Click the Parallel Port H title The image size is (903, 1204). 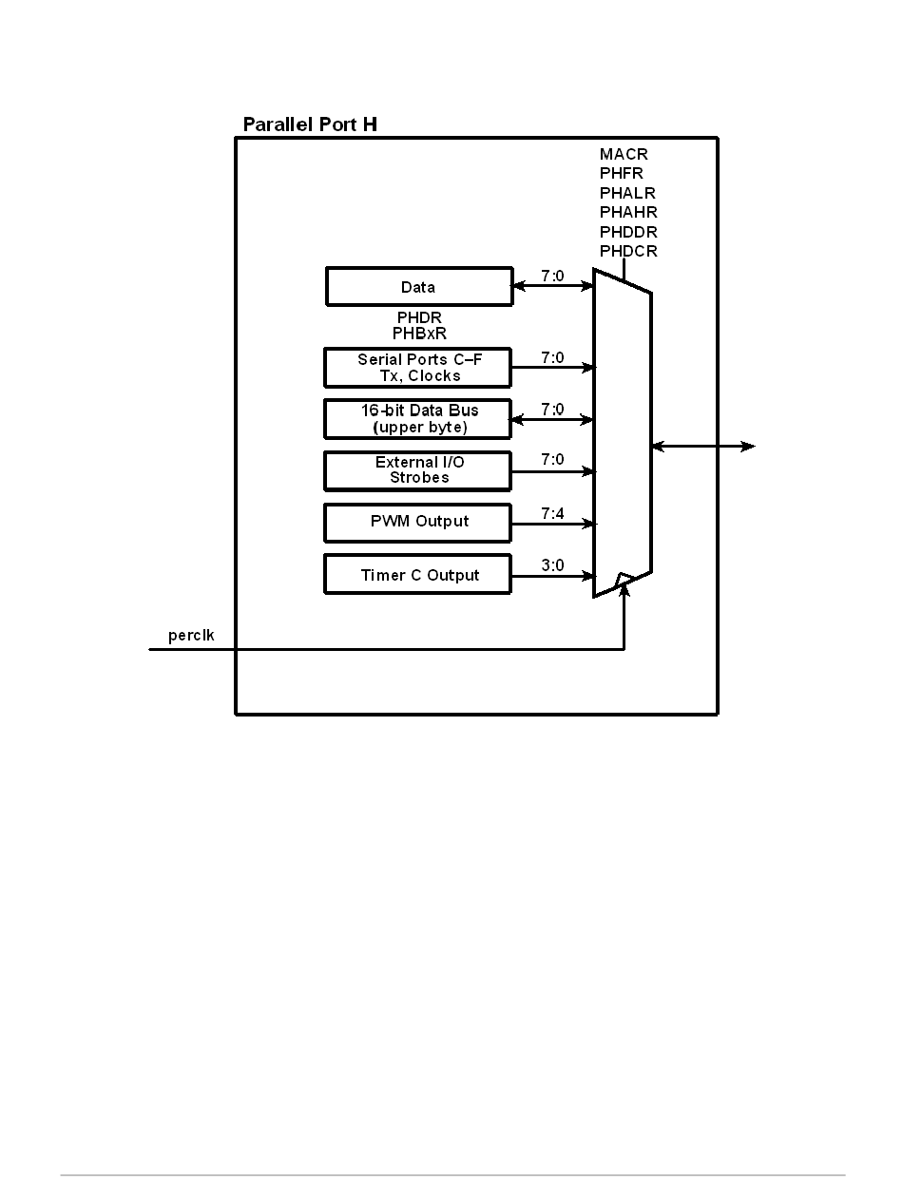310,124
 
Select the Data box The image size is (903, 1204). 418,287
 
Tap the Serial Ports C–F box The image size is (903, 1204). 418,368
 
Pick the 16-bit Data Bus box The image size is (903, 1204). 418,419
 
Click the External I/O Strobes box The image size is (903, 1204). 418,470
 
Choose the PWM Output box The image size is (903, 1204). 418,522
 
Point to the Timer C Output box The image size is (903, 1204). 418,575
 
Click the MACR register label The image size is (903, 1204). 624,154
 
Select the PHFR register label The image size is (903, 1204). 622,174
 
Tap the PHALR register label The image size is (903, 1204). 627,193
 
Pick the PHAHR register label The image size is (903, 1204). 628,213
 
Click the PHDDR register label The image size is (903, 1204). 628,232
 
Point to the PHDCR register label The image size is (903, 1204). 628,252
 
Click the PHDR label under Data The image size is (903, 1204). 419,317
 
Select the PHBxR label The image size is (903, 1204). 419,334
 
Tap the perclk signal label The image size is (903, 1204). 191,635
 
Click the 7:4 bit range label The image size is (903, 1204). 552,512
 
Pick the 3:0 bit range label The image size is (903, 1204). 552,565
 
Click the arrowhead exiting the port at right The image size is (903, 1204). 750,446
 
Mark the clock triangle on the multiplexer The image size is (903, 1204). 624,580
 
